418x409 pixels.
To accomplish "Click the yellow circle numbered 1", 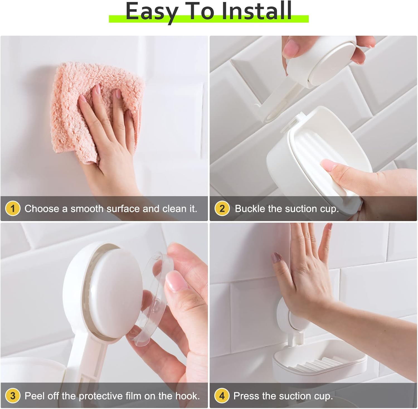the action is click(13, 208).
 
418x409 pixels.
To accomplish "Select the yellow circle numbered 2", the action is click(222, 208).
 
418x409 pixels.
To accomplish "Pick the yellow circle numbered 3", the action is click(13, 396).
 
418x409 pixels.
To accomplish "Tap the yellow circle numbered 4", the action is click(222, 396).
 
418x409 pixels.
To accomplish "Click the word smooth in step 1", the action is click(87, 209).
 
